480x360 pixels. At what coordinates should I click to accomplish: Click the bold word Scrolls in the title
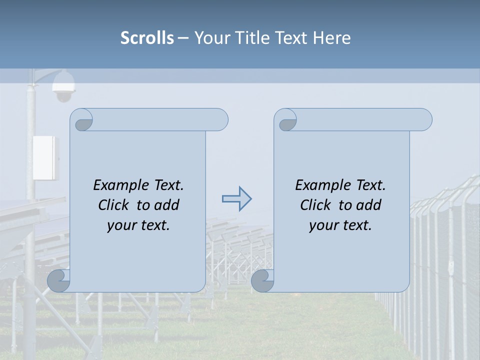tap(147, 38)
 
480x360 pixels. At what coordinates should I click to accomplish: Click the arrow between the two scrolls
tap(236, 199)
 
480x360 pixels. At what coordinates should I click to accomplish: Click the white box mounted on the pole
tap(45, 158)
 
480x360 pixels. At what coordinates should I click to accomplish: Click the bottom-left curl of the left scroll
tap(59, 280)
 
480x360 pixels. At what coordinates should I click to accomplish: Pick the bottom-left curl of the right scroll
tap(262, 280)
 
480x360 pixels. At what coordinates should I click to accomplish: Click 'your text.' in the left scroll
tap(138, 225)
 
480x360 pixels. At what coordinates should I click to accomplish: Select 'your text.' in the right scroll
tap(340, 225)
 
